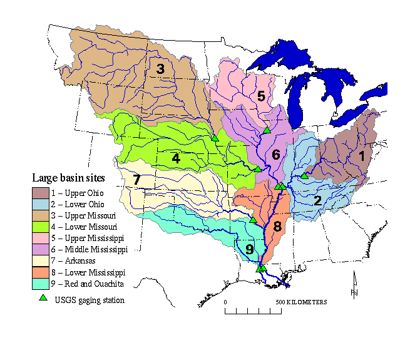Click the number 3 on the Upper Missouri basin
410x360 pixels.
160,69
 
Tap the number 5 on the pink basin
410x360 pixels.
261,96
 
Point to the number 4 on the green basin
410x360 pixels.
176,159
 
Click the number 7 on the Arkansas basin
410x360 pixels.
136,180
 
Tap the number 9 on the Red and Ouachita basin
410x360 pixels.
250,250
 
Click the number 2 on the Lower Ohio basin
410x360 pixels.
317,201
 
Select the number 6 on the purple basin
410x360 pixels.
275,154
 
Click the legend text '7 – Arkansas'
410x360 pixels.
79,261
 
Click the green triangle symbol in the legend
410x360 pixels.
43,299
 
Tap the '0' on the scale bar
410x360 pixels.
225,302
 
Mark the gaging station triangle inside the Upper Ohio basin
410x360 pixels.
304,175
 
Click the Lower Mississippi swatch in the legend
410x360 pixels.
42,272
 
